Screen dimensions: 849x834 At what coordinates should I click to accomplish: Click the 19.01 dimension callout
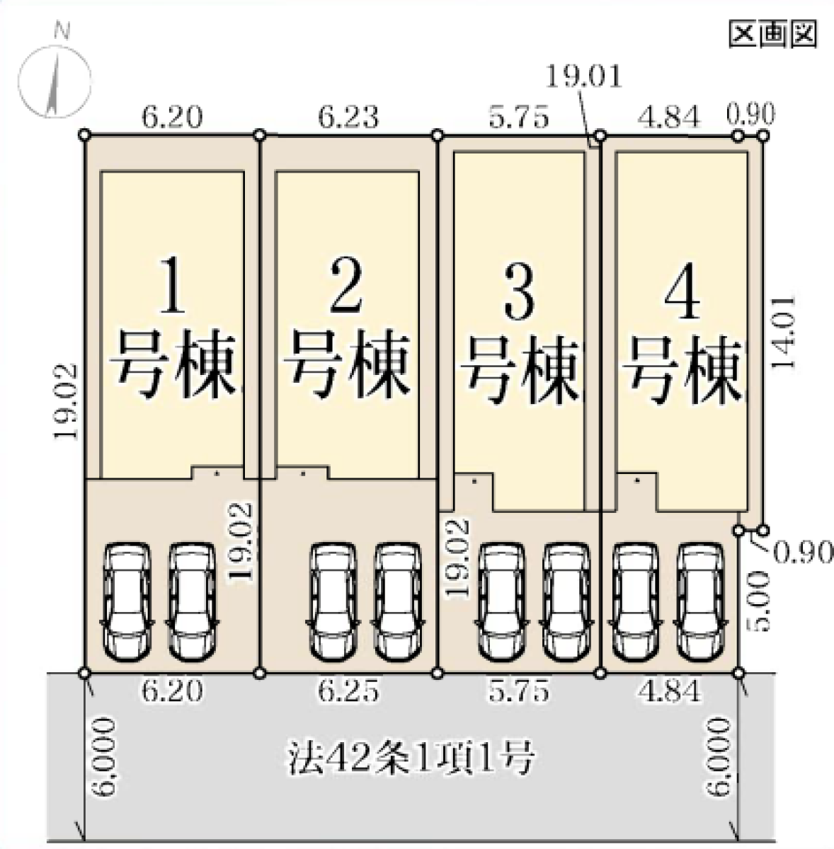(585, 76)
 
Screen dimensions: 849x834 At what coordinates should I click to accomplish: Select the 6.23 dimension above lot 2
(348, 117)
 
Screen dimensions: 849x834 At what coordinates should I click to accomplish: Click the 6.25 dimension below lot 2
(348, 692)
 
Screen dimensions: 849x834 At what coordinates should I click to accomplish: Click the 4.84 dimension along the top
(669, 117)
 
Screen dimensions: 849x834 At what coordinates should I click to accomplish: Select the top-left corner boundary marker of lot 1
(85, 134)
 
